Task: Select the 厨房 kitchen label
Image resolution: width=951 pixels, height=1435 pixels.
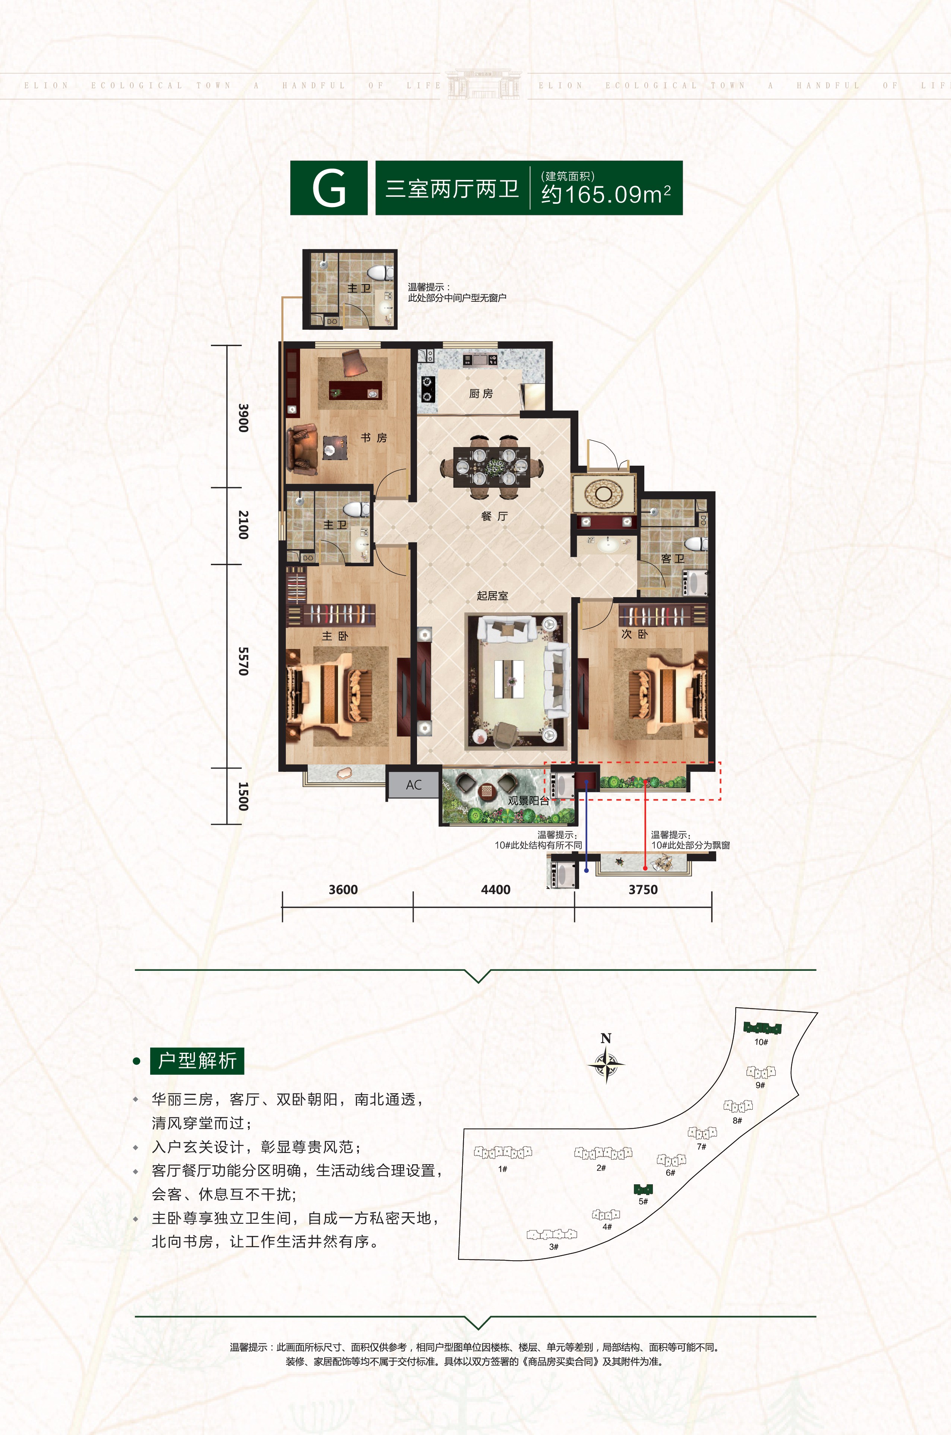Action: [x=481, y=393]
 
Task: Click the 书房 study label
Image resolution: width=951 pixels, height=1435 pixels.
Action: [x=374, y=437]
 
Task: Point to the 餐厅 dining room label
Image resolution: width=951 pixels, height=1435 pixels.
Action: [x=494, y=516]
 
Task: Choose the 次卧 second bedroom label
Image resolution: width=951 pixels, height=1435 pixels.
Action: [x=634, y=634]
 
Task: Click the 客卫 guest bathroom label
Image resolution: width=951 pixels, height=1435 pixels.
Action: [x=673, y=558]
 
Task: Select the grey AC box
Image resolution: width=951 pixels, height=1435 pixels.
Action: [x=414, y=785]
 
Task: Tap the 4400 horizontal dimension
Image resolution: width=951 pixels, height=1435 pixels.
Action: [x=496, y=889]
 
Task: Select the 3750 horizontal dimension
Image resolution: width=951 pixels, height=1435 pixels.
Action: [x=643, y=889]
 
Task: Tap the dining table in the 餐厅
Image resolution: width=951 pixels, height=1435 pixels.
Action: [x=492, y=467]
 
